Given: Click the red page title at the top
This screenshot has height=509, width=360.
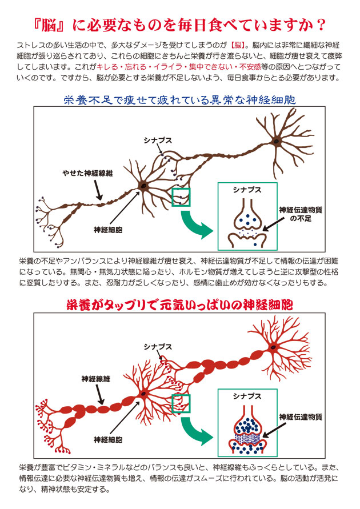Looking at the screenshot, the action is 179,25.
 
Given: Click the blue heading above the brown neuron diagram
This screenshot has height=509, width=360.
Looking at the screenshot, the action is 179,99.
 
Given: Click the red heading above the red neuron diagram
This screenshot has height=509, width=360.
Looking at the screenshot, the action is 179,305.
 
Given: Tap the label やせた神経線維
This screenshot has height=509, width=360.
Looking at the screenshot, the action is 87,173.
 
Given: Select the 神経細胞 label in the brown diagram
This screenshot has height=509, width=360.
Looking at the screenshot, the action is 108,230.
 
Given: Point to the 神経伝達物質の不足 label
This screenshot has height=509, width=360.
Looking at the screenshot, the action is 301,214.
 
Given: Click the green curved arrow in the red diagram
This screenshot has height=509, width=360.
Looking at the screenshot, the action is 195,431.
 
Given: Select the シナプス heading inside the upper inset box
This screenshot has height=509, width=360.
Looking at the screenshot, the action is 247,190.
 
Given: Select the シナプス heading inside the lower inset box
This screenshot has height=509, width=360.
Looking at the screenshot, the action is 247,396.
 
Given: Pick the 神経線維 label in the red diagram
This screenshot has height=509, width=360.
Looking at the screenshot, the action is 96,379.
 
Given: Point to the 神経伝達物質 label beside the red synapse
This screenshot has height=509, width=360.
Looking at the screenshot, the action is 301,417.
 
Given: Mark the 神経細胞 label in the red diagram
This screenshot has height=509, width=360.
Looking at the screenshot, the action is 108,439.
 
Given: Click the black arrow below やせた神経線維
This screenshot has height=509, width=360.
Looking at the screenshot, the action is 98,190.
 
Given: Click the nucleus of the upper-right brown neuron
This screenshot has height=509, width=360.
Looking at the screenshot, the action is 276,141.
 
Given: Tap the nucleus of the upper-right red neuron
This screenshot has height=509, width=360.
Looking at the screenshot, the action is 274,347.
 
